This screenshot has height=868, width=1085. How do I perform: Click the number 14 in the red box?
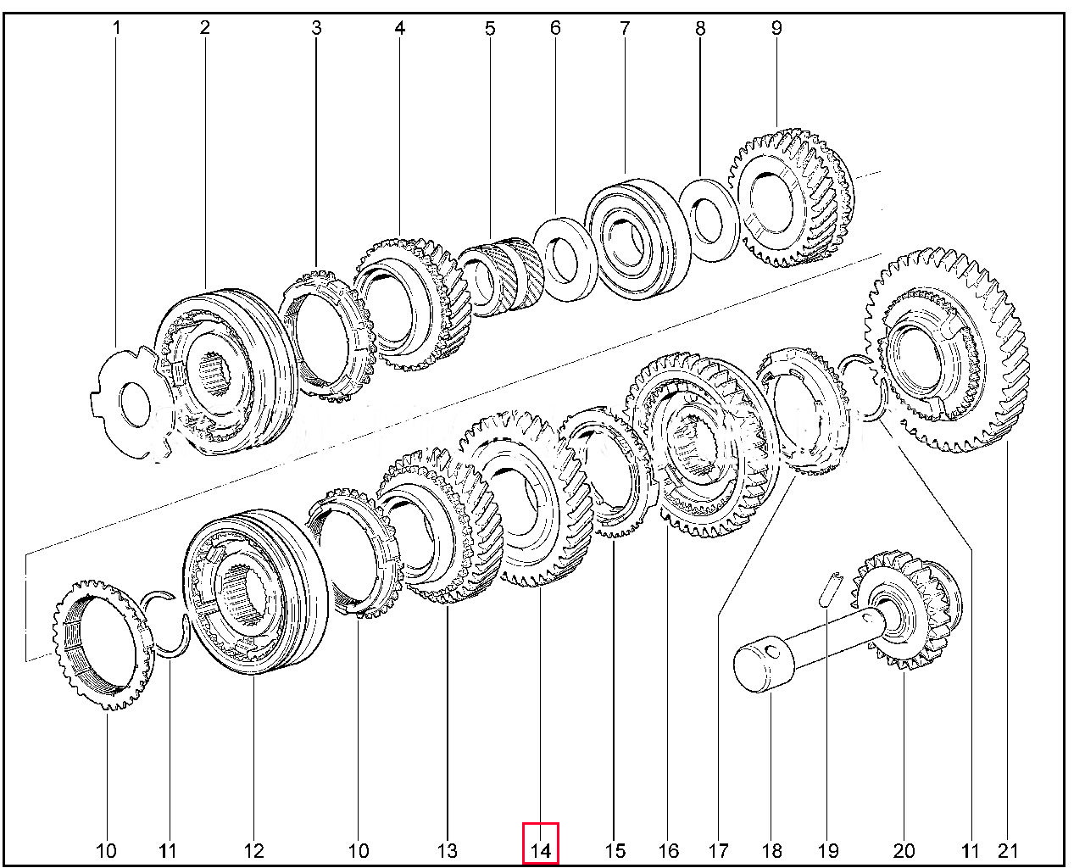pos(540,851)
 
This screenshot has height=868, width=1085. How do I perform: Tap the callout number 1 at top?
pos(116,28)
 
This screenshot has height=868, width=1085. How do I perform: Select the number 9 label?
pos(776,28)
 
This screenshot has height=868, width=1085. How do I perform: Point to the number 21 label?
pos(1009,851)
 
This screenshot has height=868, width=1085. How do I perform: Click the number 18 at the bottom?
pos(772,851)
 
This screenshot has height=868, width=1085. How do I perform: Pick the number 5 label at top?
pos(490,28)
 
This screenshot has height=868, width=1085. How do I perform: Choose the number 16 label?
pos(669,851)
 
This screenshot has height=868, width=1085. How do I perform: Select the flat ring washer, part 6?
pos(565,259)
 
